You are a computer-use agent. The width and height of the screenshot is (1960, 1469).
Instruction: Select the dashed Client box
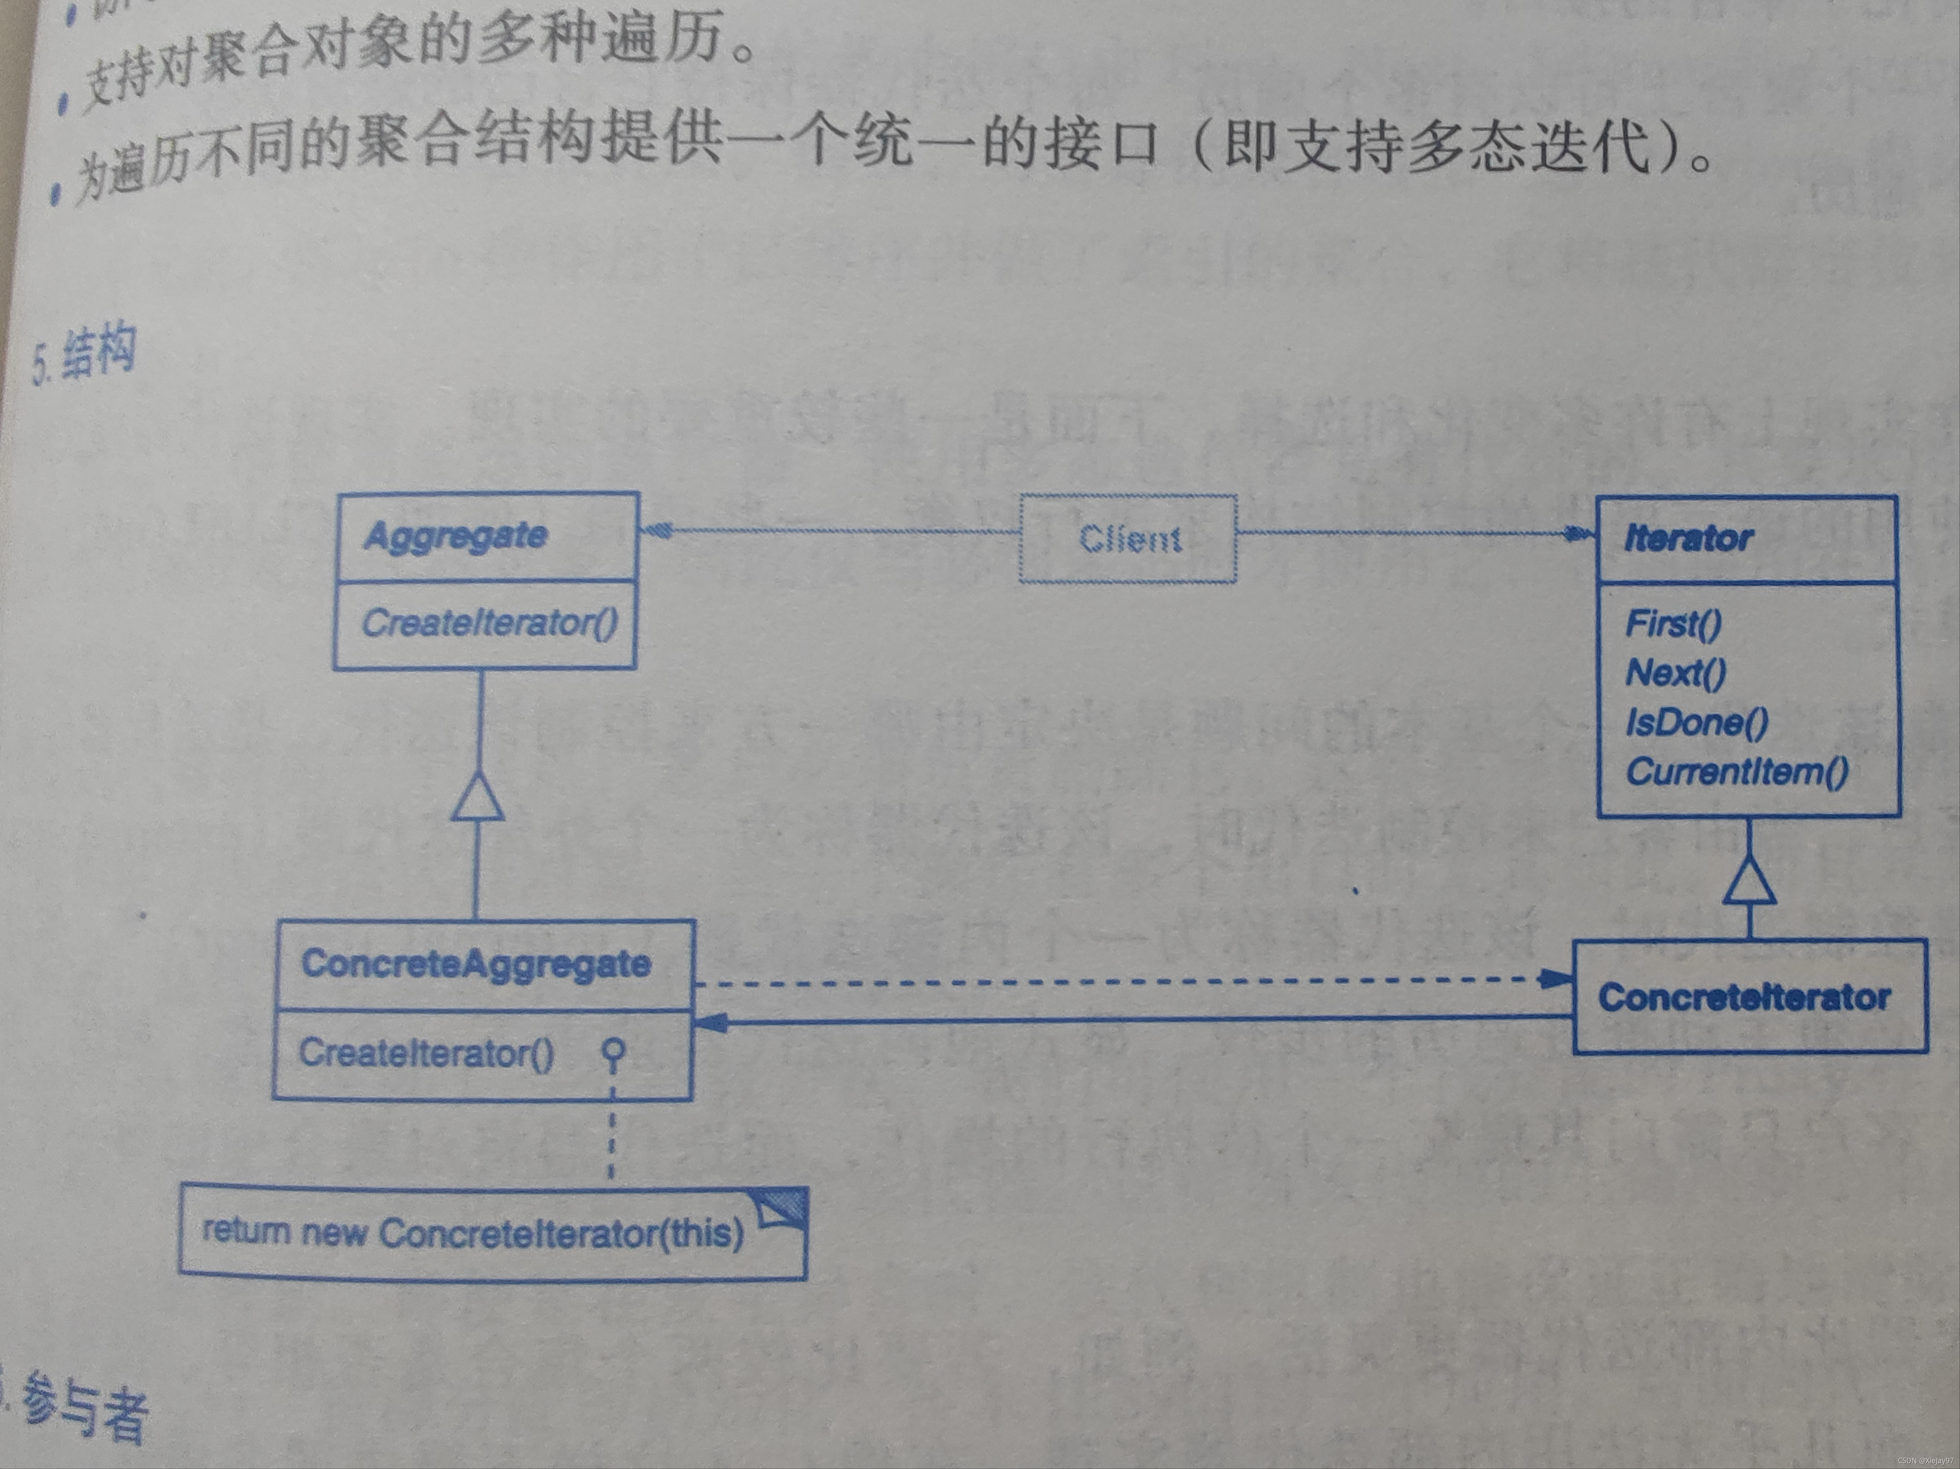tap(1128, 539)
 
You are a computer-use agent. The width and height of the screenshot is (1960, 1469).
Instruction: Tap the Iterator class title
tap(1688, 538)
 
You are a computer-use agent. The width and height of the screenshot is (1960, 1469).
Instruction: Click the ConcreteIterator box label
tap(1744, 998)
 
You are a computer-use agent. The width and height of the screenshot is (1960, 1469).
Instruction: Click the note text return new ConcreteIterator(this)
tap(472, 1233)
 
